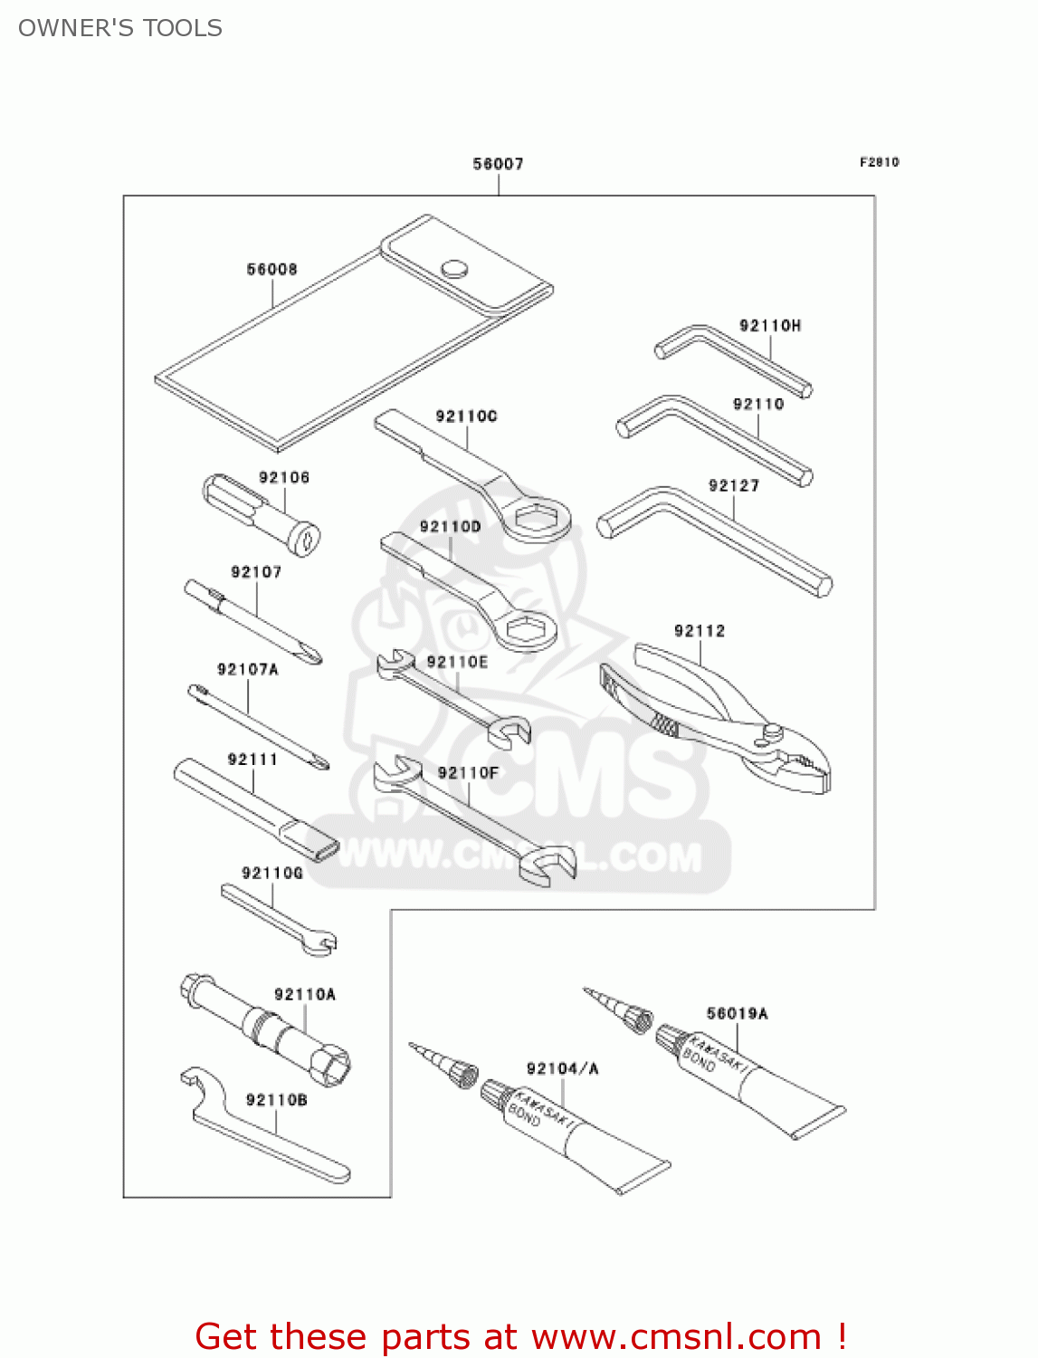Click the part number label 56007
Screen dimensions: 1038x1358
coord(498,164)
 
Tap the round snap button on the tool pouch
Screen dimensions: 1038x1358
coord(454,268)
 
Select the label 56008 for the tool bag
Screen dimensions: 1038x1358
coord(271,269)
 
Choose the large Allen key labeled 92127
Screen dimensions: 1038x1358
coord(715,539)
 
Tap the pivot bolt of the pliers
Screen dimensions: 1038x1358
coord(772,731)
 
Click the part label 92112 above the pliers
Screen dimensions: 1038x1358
coord(700,631)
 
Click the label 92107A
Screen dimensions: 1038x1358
coord(248,669)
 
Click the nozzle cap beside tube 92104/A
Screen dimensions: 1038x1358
coord(463,1075)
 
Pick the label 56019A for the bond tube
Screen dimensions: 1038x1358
coord(737,1013)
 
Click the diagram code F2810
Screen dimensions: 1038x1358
coord(879,162)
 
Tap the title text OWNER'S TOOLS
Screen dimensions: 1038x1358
coord(120,28)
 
